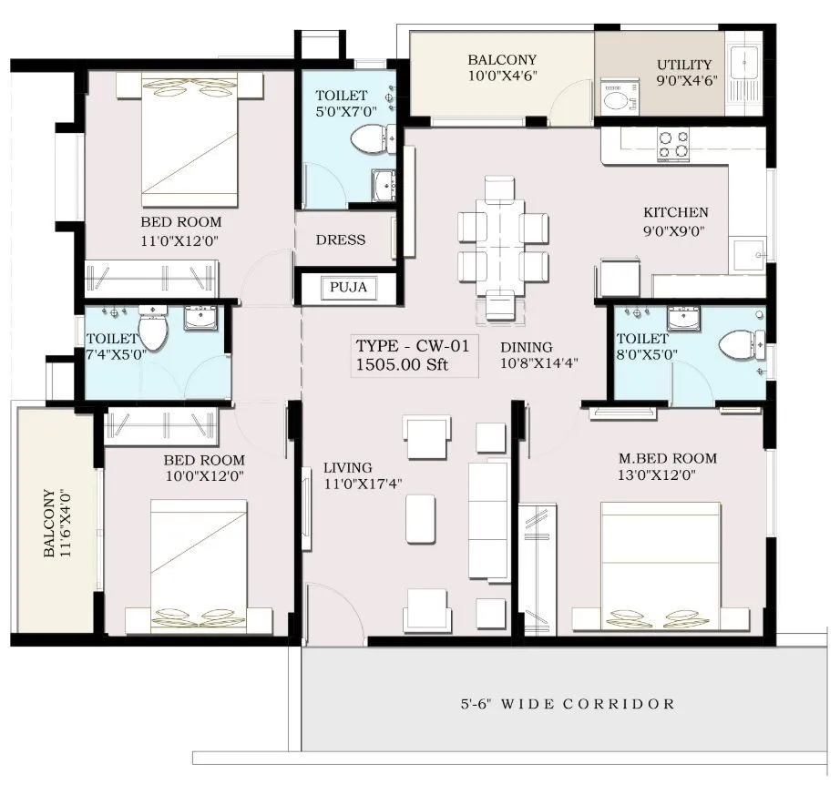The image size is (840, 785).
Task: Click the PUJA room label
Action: point(348,288)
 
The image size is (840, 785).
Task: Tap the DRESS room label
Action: point(340,240)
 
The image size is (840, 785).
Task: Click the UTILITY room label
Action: point(683,65)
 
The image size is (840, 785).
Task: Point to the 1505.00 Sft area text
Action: point(403,366)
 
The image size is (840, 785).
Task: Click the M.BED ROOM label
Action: point(668,458)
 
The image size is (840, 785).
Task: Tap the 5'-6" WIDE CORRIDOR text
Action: point(568,704)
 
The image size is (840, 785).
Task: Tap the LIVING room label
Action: point(347,469)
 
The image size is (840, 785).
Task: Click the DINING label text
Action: point(526,347)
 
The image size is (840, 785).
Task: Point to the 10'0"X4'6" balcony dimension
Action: point(501,76)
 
